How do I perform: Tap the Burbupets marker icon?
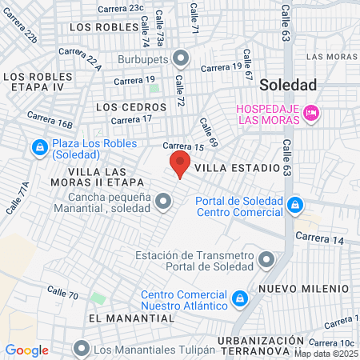pyautogui.click(x=181, y=58)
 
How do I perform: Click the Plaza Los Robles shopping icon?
pyautogui.click(x=38, y=148)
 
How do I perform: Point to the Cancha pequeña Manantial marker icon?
pyautogui.click(x=164, y=201)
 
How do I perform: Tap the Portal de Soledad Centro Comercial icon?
pyautogui.click(x=295, y=206)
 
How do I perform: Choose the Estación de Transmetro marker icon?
pyautogui.click(x=266, y=260)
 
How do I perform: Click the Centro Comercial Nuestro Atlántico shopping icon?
pyautogui.click(x=238, y=299)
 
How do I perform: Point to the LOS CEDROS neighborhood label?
pyautogui.click(x=130, y=106)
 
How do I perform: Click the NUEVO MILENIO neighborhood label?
pyautogui.click(x=303, y=287)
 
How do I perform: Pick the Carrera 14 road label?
pyautogui.click(x=319, y=238)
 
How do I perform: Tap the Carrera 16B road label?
pyautogui.click(x=50, y=120)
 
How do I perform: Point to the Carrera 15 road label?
pyautogui.click(x=184, y=146)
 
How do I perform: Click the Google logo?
pyautogui.click(x=27, y=350)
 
